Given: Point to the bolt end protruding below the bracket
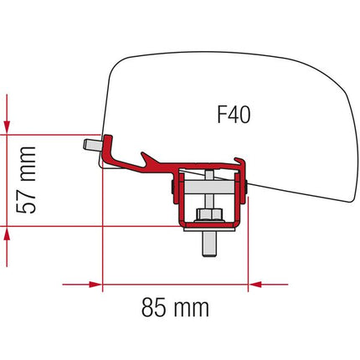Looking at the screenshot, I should [x=205, y=247].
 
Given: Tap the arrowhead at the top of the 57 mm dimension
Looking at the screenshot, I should [x=8, y=123].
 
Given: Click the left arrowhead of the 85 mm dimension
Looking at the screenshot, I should [x=109, y=285].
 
